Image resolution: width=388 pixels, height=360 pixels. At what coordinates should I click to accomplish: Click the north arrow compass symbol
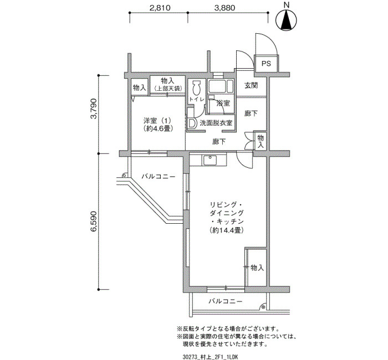(287, 20)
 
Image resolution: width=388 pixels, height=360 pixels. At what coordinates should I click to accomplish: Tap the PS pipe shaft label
(266, 64)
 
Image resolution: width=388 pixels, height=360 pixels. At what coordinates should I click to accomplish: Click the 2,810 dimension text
(160, 8)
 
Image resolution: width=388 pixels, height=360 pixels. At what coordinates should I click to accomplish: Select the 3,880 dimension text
(224, 8)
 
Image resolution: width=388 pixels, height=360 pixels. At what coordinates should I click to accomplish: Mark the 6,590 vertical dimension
(94, 222)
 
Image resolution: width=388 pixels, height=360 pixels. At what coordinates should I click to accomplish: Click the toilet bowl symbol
(197, 88)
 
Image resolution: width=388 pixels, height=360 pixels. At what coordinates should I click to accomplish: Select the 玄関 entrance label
(251, 85)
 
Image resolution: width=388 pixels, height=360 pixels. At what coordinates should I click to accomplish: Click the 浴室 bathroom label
(223, 103)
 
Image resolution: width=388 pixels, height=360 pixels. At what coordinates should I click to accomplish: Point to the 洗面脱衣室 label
(216, 122)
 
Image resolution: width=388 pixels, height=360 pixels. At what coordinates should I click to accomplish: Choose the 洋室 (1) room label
(157, 121)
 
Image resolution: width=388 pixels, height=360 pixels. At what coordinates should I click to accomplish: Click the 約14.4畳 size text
(227, 230)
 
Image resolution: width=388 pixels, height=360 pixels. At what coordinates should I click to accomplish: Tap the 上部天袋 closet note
(168, 88)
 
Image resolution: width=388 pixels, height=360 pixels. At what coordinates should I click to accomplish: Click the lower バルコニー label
(225, 301)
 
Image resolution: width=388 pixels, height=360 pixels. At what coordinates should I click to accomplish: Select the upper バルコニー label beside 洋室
(159, 177)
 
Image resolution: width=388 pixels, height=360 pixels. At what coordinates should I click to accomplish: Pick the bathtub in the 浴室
(221, 86)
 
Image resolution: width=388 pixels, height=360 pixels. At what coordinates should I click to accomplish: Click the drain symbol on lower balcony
(263, 307)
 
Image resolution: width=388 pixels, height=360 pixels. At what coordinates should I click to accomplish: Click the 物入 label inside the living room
(257, 268)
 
